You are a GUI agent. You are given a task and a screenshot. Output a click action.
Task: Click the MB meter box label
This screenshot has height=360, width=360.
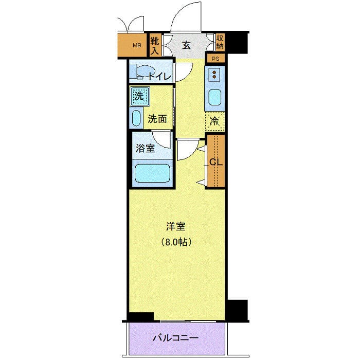[137, 45]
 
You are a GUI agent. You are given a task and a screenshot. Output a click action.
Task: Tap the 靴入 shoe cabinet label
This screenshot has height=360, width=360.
[154, 46]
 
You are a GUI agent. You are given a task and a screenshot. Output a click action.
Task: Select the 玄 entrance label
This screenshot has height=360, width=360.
[186, 45]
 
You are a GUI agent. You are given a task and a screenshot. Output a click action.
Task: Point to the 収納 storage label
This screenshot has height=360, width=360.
[220, 42]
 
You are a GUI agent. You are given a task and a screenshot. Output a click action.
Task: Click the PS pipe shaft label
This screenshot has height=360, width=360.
[215, 59]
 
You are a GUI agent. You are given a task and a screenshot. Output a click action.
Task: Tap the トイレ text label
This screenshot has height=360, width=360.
[160, 76]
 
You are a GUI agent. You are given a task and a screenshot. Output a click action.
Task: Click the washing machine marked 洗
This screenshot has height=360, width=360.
[139, 96]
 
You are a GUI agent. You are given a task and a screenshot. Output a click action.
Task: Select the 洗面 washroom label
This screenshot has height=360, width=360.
[157, 119]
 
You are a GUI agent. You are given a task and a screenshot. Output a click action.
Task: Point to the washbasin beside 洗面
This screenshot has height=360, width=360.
[136, 118]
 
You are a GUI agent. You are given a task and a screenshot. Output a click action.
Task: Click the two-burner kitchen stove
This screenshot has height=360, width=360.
[214, 75]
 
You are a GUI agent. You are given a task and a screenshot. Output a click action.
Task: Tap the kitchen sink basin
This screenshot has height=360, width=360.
[215, 97]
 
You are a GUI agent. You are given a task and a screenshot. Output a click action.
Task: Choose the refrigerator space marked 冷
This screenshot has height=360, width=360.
[214, 121]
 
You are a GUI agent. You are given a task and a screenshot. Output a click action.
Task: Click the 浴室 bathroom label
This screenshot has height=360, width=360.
[145, 148]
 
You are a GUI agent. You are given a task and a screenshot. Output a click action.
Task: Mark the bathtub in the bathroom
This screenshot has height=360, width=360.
[152, 173]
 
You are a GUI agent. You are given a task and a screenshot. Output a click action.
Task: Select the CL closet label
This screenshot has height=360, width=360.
[216, 163]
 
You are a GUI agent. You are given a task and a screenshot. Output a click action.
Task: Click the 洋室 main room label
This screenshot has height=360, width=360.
[176, 227]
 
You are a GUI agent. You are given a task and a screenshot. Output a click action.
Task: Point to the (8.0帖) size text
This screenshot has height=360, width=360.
[176, 242]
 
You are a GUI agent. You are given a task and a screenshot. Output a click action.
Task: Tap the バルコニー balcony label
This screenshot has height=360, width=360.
[176, 338]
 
